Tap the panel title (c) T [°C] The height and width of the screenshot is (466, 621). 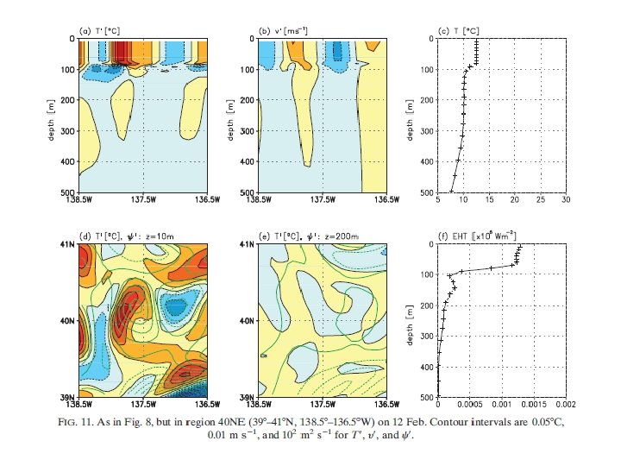[x=460, y=32]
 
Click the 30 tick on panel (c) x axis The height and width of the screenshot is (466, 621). [x=565, y=199]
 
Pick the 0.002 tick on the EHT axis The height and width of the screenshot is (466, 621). [x=565, y=403]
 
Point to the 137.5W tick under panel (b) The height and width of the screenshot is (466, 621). [x=322, y=199]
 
